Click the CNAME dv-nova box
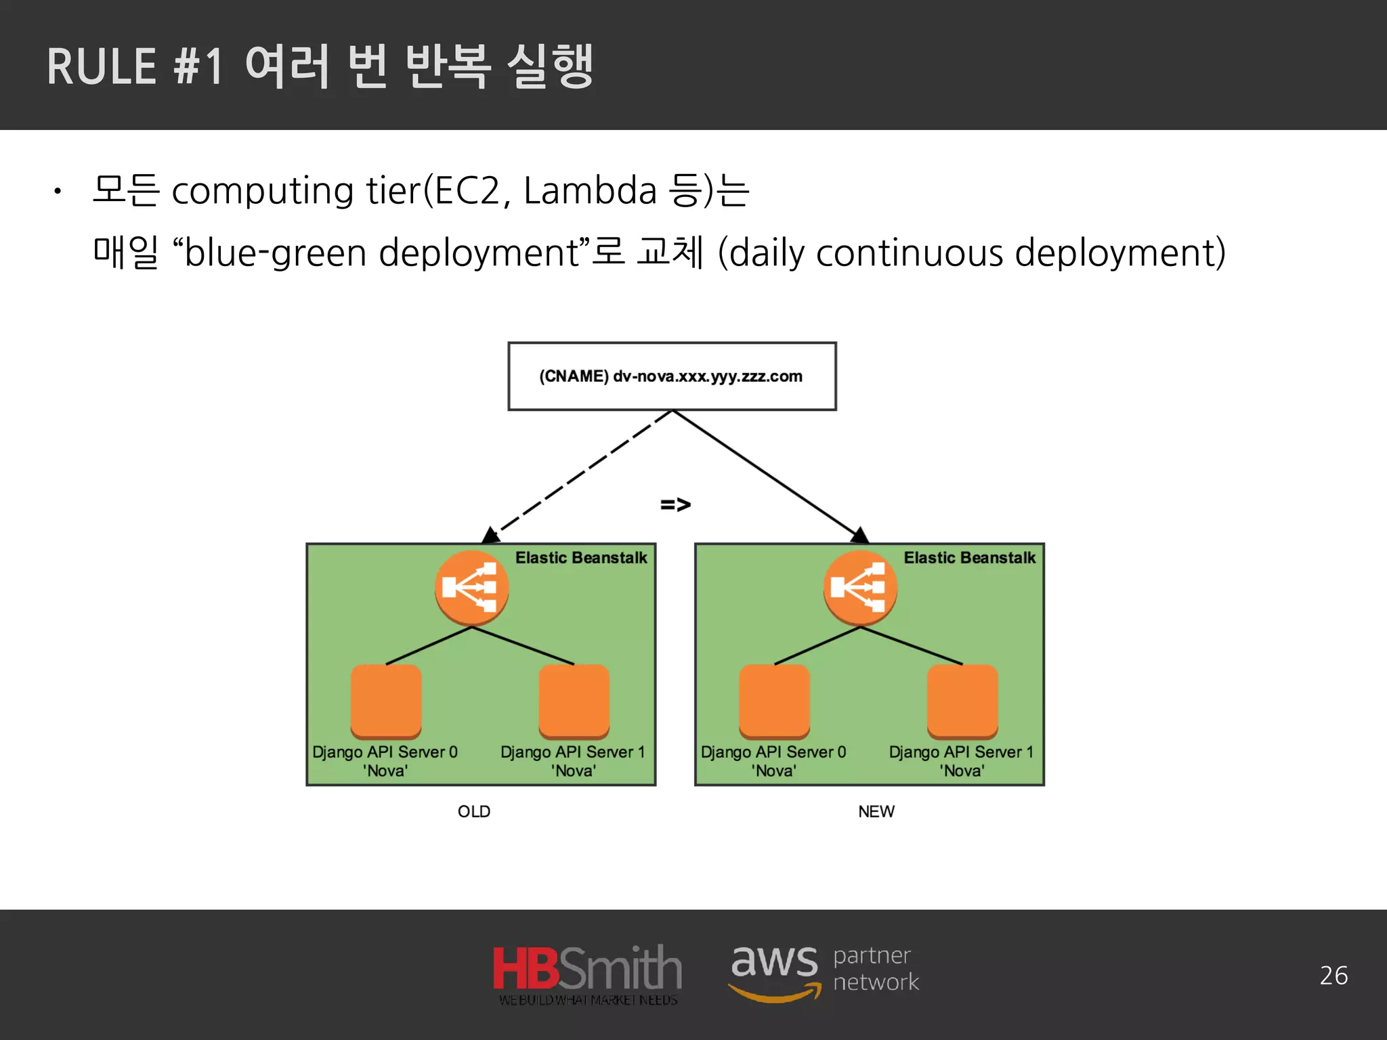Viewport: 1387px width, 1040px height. [x=672, y=376]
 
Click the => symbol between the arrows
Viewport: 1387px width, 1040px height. [x=675, y=504]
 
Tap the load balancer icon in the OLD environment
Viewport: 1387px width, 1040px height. [x=471, y=588]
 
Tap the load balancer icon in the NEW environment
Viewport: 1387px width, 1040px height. [x=860, y=588]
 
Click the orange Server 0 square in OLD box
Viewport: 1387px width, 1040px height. [x=386, y=701]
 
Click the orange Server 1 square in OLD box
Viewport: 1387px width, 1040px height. [x=574, y=701]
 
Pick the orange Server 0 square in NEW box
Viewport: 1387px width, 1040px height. [x=774, y=701]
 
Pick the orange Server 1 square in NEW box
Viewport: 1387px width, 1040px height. [x=962, y=701]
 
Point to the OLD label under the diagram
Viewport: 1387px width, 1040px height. [x=473, y=811]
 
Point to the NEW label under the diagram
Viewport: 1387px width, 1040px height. [x=876, y=811]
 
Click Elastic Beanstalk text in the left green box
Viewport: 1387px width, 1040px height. [x=581, y=558]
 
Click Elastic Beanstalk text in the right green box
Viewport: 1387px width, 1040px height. [x=969, y=558]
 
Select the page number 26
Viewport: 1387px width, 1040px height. [x=1333, y=976]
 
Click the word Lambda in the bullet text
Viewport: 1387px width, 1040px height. [x=590, y=191]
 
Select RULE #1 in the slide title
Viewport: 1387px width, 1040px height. [x=135, y=68]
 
